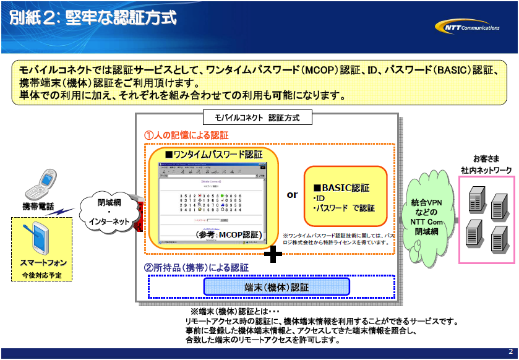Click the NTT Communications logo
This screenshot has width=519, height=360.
(x=468, y=27)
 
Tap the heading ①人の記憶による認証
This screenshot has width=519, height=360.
(x=186, y=135)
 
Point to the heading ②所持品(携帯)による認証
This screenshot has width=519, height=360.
(x=196, y=268)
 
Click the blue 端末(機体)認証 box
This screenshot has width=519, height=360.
(x=277, y=287)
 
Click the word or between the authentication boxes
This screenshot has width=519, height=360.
(x=292, y=195)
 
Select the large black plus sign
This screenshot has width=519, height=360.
(x=273, y=254)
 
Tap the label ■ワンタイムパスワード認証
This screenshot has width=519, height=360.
(x=213, y=154)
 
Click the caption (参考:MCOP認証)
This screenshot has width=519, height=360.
(x=228, y=235)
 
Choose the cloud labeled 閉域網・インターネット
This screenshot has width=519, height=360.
(x=109, y=212)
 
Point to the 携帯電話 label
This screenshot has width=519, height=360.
(x=38, y=206)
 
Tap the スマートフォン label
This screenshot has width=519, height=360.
(x=43, y=263)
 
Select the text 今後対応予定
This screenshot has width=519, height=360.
(x=42, y=275)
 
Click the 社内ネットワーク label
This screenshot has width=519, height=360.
(x=486, y=169)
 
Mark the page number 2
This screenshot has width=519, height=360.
(x=510, y=351)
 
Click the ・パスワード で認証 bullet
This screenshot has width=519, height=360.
(x=343, y=208)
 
